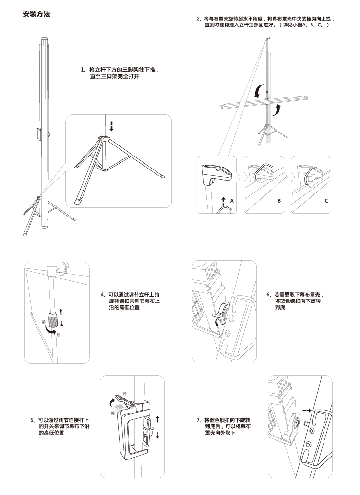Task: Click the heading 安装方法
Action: [36, 14]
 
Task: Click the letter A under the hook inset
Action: [232, 201]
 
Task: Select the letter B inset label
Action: [279, 201]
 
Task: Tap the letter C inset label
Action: [326, 201]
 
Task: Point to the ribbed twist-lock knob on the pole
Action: [53, 320]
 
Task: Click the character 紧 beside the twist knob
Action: [44, 322]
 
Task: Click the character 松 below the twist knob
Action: [59, 334]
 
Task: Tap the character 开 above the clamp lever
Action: [124, 394]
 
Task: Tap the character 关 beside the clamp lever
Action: [113, 413]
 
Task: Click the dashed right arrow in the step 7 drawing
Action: [307, 410]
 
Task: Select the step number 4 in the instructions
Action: [102, 295]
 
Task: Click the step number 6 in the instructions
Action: [268, 295]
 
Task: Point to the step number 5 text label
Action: [32, 420]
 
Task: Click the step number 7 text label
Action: [198, 420]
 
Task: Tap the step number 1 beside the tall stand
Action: [83, 70]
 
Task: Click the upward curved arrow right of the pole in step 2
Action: [277, 110]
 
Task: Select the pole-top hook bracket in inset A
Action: [216, 175]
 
